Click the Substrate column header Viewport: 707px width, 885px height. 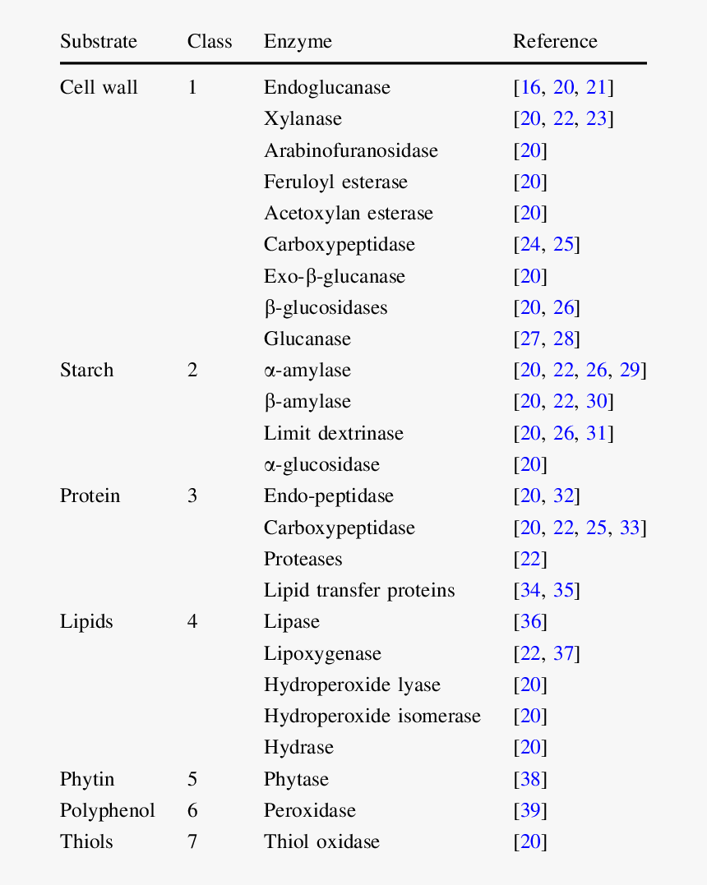(99, 42)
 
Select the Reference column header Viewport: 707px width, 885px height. (555, 42)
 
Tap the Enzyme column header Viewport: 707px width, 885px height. (298, 42)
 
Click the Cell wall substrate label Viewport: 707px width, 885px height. (99, 88)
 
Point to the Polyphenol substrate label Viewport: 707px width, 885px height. (107, 811)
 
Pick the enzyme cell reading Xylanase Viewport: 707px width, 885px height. (303, 119)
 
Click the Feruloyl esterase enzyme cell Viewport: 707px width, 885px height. (335, 182)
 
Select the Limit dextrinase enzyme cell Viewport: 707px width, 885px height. (334, 434)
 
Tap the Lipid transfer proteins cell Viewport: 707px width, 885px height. (359, 591)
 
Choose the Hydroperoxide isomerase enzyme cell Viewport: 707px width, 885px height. (372, 717)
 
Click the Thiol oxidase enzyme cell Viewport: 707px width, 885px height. (321, 842)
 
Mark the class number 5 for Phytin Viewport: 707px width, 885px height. (192, 780)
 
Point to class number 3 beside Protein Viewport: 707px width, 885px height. (192, 496)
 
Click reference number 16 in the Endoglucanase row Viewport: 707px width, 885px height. (530, 88)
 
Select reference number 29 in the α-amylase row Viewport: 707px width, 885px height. (630, 371)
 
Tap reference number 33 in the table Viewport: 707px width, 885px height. (630, 528)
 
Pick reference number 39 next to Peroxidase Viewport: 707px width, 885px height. (530, 811)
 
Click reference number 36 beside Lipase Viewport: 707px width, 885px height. (530, 622)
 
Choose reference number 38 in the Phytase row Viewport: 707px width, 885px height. (530, 780)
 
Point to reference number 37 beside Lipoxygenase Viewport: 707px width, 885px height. (563, 654)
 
